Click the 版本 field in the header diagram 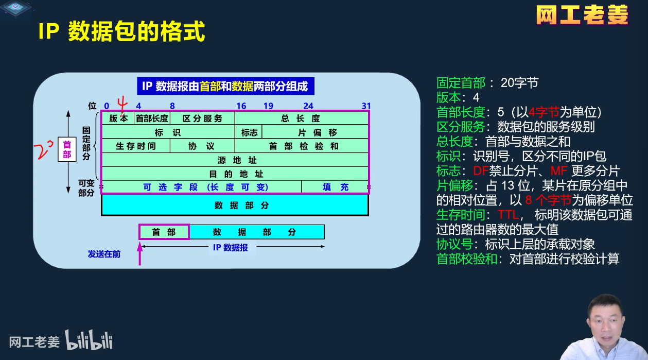point(118,118)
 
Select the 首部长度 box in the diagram point(152,118)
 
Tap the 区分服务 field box point(202,118)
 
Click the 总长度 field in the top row point(301,118)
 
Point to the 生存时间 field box point(135,146)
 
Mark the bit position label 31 point(366,106)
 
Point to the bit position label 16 point(241,106)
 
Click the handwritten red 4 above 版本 point(122,105)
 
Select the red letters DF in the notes point(480,171)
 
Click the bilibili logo point(89,340)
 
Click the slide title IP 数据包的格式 point(121,32)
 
